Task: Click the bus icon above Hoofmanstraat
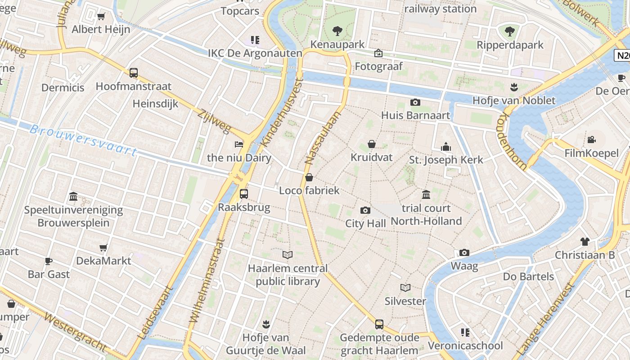point(133,72)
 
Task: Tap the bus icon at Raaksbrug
point(243,194)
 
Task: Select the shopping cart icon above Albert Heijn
point(101,17)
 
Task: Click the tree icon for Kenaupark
point(337,31)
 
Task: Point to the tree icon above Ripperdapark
point(509,31)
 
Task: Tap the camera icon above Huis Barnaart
point(415,102)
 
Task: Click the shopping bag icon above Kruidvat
point(372,144)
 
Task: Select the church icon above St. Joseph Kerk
point(446,147)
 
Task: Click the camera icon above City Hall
point(365,210)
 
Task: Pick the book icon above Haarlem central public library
point(288,255)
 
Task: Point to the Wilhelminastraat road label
point(207,280)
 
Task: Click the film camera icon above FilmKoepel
point(591,140)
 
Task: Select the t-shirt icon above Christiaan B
point(585,242)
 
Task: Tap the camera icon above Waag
point(464,252)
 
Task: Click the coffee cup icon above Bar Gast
point(49,261)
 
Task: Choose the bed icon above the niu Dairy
point(239,144)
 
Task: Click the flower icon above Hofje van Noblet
point(513,87)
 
